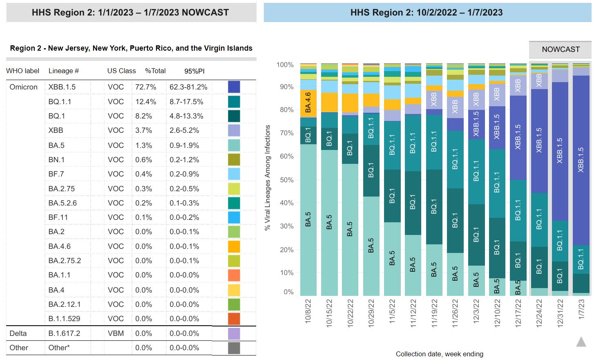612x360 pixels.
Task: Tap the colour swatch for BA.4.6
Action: click(x=234, y=246)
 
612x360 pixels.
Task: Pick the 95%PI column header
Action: click(x=194, y=71)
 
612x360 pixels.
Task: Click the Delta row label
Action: click(x=18, y=333)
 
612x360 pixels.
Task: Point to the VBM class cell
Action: click(x=116, y=333)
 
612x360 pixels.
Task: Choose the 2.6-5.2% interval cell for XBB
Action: click(x=184, y=130)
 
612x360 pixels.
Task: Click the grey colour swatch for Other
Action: click(x=234, y=348)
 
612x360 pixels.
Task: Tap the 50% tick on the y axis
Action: click(x=285, y=180)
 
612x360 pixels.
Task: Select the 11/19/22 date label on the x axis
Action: click(x=434, y=313)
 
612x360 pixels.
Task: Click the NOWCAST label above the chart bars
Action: click(x=561, y=49)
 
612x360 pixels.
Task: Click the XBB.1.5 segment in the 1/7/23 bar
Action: click(x=581, y=159)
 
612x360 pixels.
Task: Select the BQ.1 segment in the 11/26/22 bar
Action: click(x=455, y=221)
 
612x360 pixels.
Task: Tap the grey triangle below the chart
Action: click(x=581, y=342)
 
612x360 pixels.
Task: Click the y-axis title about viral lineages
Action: click(x=268, y=178)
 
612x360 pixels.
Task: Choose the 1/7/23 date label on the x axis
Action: click(x=581, y=311)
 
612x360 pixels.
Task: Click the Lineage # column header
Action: click(x=63, y=71)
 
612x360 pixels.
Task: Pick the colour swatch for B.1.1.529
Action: click(x=234, y=319)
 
